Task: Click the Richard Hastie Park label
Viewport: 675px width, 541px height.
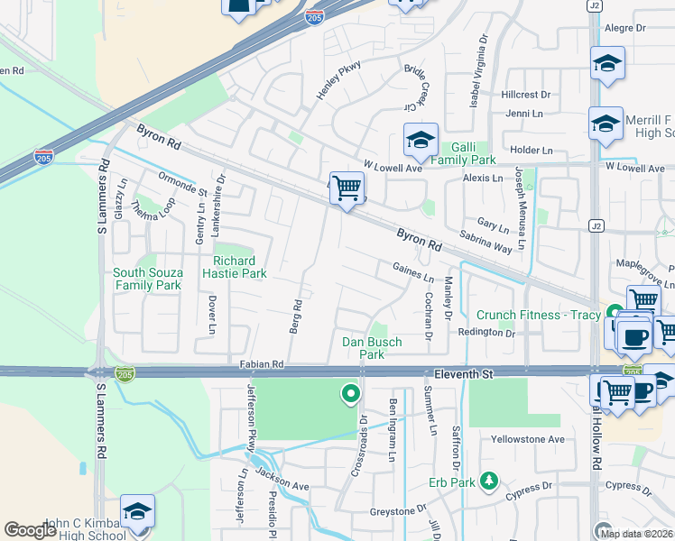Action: (x=240, y=267)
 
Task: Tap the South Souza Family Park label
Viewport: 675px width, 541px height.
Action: (x=147, y=279)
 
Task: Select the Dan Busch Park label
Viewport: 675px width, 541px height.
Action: (x=372, y=348)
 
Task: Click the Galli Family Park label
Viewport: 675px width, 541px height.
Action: (x=463, y=153)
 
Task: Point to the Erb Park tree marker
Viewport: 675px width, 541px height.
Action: (x=489, y=481)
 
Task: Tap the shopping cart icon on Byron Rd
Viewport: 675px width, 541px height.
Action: (x=347, y=188)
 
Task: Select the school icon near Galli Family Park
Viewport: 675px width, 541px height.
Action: (x=421, y=140)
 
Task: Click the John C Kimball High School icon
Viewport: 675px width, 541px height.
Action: (x=137, y=511)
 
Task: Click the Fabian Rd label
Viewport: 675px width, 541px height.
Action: (x=262, y=364)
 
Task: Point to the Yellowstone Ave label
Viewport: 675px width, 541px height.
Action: (x=527, y=439)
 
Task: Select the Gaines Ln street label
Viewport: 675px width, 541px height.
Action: (x=413, y=271)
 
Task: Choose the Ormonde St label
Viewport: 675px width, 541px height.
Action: (x=182, y=184)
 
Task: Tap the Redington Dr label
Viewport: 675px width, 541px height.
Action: (x=485, y=333)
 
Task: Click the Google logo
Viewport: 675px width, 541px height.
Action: (x=31, y=530)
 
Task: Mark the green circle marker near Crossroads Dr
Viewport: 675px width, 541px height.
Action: (x=350, y=393)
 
